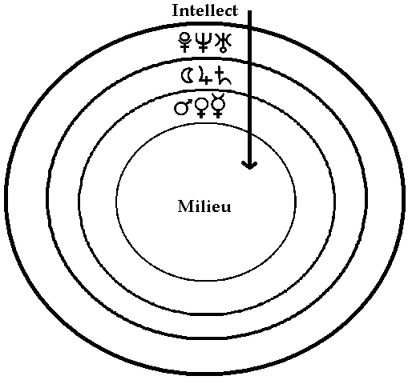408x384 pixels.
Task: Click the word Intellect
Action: click(205, 10)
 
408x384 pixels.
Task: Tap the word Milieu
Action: click(204, 206)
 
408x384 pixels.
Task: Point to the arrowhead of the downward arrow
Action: click(249, 165)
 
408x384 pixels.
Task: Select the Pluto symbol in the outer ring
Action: click(184, 42)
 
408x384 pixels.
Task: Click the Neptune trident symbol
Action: click(203, 42)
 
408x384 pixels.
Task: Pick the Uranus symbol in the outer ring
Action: click(224, 42)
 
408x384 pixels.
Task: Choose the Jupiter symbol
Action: click(205, 76)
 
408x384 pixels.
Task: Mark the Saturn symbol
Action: click(224, 76)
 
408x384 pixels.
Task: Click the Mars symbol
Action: click(183, 107)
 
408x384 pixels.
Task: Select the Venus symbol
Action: click(201, 108)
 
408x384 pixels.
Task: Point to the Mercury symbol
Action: click(218, 106)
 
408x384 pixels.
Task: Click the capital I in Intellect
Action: click(176, 10)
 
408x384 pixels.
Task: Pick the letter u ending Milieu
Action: click(226, 208)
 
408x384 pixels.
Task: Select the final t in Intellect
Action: click(235, 11)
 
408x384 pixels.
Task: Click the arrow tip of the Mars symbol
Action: click(189, 102)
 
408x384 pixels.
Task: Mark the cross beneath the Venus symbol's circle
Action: click(201, 114)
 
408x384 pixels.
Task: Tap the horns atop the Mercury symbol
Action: click(218, 95)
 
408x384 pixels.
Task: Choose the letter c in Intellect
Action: click(227, 13)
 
